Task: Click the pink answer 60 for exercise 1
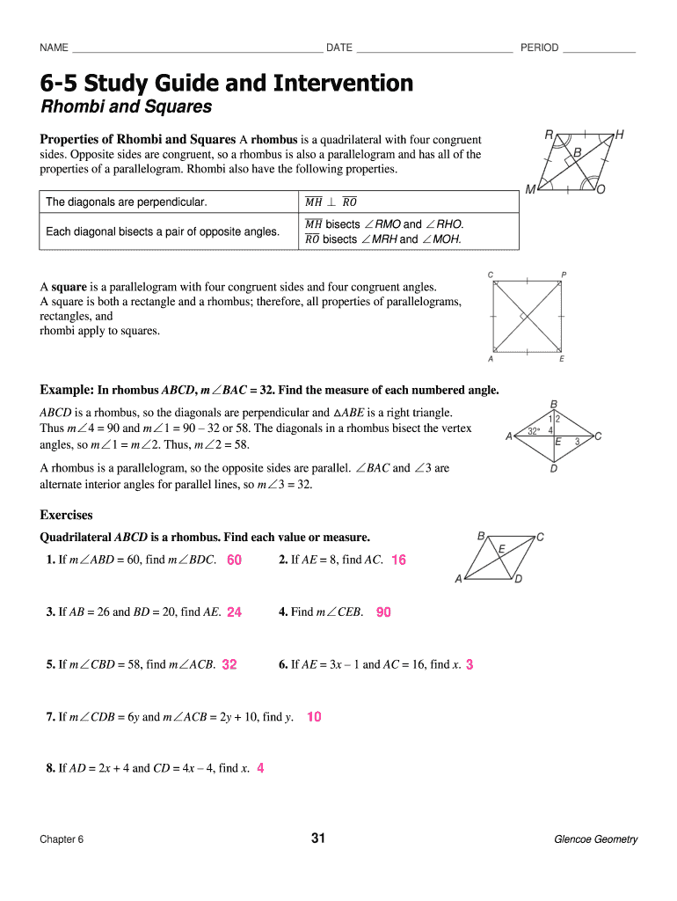pyautogui.click(x=234, y=560)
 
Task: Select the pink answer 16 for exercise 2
pyautogui.click(x=398, y=560)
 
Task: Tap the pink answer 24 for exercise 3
pyautogui.click(x=234, y=612)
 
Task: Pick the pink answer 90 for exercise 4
pyautogui.click(x=383, y=612)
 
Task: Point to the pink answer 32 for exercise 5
pyautogui.click(x=229, y=665)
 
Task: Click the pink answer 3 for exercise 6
pyautogui.click(x=470, y=665)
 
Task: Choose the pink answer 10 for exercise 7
pyautogui.click(x=314, y=717)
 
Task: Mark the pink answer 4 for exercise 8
pyautogui.click(x=260, y=768)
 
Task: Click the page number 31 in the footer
pyautogui.click(x=318, y=839)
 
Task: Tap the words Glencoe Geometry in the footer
pyautogui.click(x=595, y=839)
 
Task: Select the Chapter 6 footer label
pyautogui.click(x=62, y=839)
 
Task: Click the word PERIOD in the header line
pyautogui.click(x=539, y=48)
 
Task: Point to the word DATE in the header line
pyautogui.click(x=339, y=48)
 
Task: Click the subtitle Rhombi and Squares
pyautogui.click(x=127, y=107)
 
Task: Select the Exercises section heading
pyautogui.click(x=67, y=516)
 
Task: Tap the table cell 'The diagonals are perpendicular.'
pyautogui.click(x=127, y=202)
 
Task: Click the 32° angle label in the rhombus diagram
pyautogui.click(x=533, y=431)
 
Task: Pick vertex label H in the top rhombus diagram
pyautogui.click(x=620, y=135)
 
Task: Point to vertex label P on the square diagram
pyautogui.click(x=564, y=275)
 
